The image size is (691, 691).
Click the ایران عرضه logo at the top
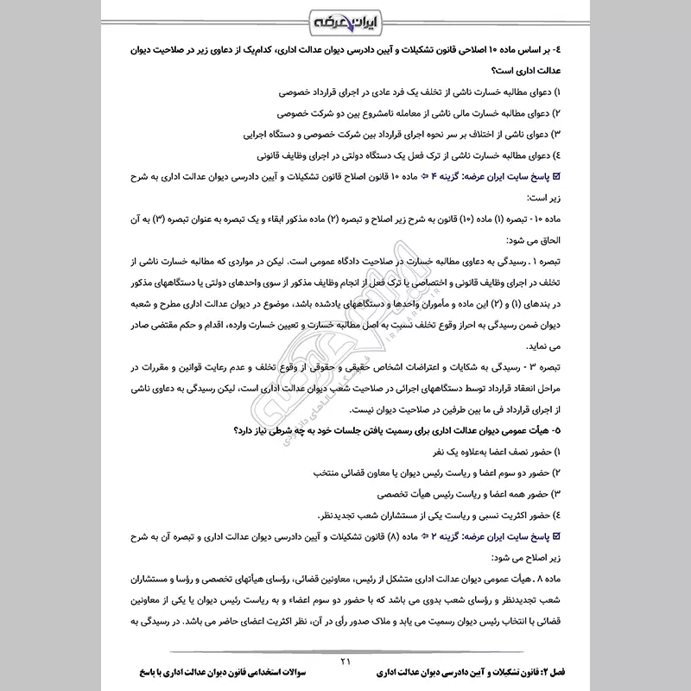coord(345,20)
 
